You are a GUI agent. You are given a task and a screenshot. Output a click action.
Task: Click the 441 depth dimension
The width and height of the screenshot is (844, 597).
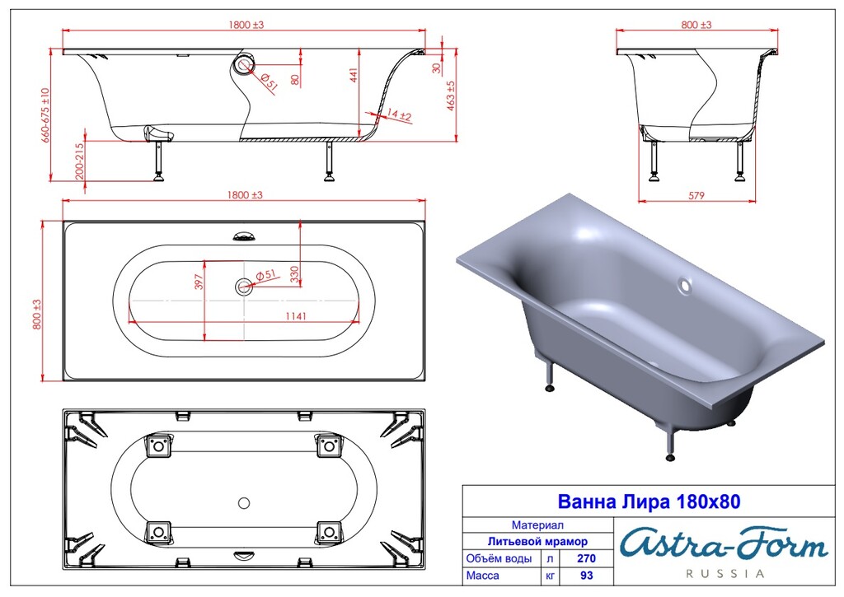(353, 77)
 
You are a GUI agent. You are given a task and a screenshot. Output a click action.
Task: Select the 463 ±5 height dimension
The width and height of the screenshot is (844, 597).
(451, 96)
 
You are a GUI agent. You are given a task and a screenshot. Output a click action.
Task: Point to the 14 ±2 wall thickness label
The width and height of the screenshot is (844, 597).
(399, 115)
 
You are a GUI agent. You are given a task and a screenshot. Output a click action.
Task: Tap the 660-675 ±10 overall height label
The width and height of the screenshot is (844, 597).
(46, 116)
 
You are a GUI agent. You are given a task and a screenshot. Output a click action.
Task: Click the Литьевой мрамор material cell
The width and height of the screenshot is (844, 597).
(537, 541)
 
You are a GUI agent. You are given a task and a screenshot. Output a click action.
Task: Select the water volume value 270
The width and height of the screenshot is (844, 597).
(585, 558)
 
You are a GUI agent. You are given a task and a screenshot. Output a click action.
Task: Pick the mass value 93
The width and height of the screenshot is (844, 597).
(585, 576)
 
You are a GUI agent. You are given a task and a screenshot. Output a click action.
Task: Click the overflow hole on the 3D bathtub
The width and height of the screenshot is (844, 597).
(685, 287)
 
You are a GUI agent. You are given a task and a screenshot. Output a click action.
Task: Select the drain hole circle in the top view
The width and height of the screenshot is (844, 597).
(243, 287)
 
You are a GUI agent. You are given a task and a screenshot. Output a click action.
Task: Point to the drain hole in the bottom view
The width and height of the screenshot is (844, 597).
(243, 501)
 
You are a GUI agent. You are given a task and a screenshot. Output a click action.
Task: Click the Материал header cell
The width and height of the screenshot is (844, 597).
(537, 524)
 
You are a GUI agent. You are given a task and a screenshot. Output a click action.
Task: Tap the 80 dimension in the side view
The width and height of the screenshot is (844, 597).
(294, 79)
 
